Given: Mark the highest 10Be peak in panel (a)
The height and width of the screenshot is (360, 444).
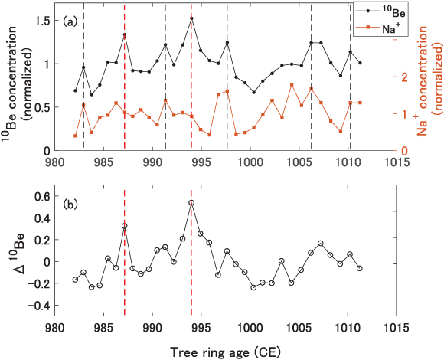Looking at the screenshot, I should [x=191, y=18].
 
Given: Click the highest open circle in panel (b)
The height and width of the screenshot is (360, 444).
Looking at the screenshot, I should [x=191, y=203].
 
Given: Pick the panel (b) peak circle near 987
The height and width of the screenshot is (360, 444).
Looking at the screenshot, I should [x=124, y=226].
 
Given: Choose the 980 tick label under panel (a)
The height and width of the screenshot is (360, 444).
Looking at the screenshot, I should [x=54, y=163].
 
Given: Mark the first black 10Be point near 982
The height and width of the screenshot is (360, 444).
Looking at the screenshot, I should [x=75, y=90].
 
